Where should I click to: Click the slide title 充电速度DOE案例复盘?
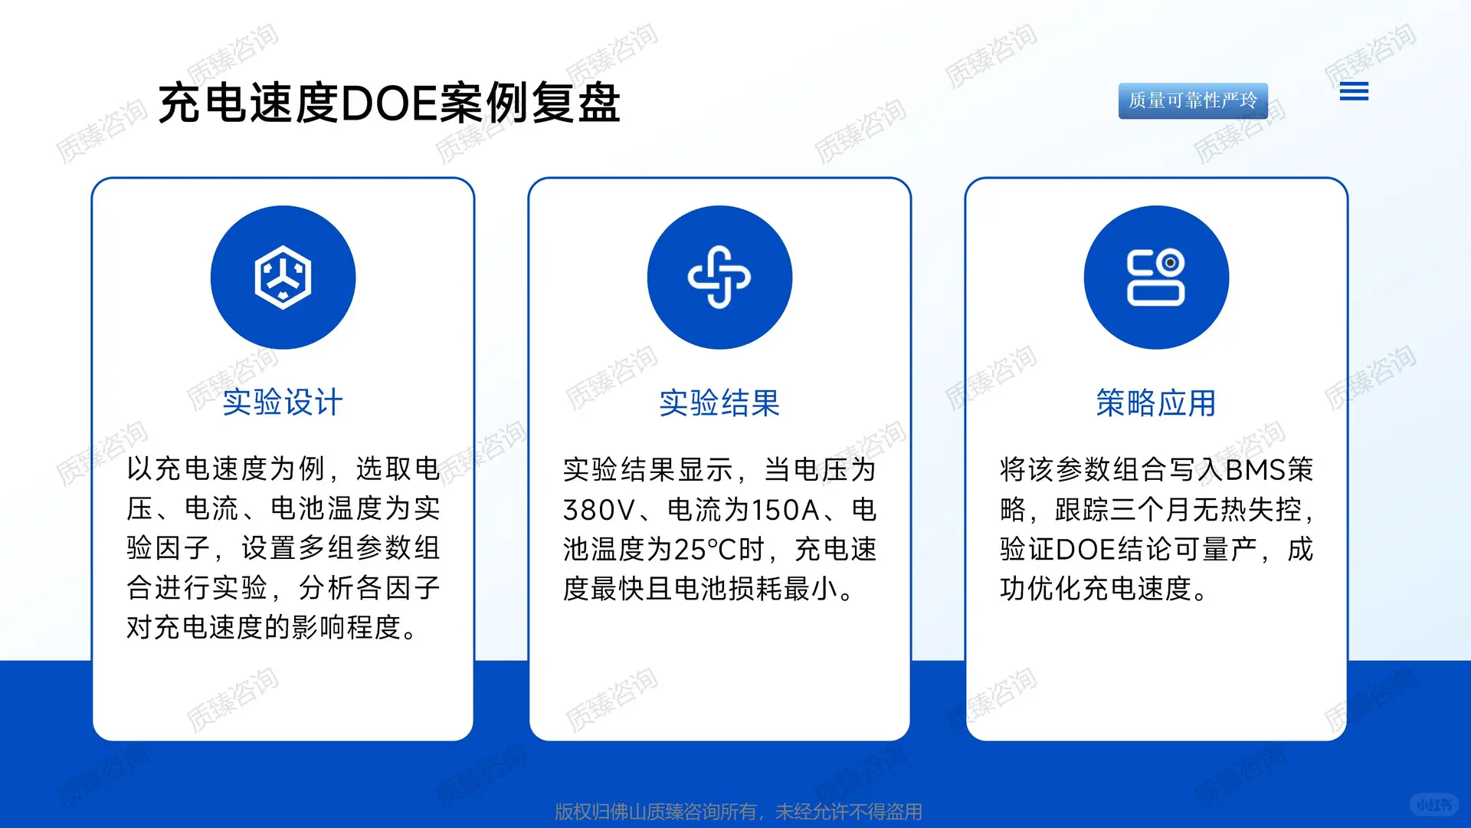click(389, 103)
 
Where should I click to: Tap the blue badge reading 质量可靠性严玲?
click(1192, 100)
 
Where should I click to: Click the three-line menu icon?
click(1354, 92)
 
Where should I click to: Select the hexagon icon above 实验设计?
click(283, 278)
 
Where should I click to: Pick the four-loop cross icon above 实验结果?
click(719, 278)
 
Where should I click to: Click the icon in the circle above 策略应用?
click(1156, 278)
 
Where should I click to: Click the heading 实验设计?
click(283, 402)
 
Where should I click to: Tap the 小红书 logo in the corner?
click(1433, 804)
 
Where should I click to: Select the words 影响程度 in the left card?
click(346, 628)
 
